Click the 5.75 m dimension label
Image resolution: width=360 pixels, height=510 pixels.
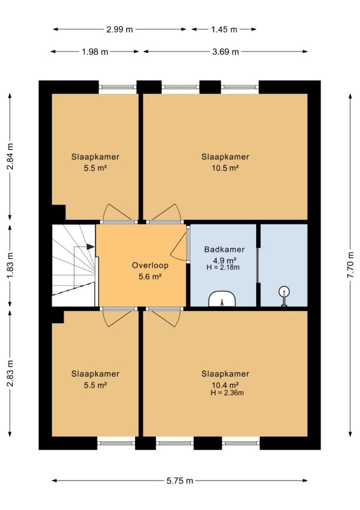click(x=180, y=481)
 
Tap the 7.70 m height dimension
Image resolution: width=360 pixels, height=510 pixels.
click(x=350, y=265)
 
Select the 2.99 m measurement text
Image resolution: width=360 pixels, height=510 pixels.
click(x=120, y=29)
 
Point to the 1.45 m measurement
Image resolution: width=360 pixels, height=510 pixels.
click(x=224, y=29)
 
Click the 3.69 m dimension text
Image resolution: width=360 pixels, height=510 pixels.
click(x=226, y=52)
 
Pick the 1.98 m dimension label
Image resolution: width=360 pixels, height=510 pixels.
click(x=95, y=52)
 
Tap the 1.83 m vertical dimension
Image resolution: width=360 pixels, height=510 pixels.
click(x=10, y=265)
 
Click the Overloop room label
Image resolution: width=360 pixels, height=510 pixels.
click(x=150, y=265)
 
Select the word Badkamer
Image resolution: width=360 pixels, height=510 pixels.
click(x=224, y=249)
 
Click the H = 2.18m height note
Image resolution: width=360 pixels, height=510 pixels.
click(x=223, y=267)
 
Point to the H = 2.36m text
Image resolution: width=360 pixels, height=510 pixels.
click(x=227, y=393)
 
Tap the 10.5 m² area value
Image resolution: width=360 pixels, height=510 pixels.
click(x=226, y=168)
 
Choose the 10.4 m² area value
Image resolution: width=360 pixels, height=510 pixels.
click(x=226, y=385)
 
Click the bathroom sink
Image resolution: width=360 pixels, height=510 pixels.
click(x=222, y=299)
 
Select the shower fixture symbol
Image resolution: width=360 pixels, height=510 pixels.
click(x=284, y=295)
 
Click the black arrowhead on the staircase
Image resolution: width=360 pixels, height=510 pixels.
click(x=90, y=247)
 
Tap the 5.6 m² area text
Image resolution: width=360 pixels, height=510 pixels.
click(x=150, y=277)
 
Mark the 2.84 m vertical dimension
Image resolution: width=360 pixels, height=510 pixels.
click(x=10, y=156)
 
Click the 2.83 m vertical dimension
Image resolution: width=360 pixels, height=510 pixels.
click(x=10, y=373)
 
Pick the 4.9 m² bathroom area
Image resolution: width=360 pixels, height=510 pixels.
click(x=224, y=260)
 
